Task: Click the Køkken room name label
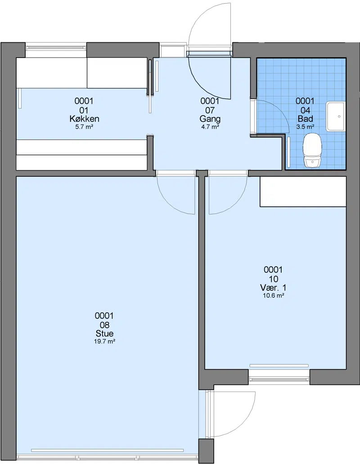pos(85,119)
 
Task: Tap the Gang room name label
pos(210,119)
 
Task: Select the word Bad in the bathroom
pos(305,119)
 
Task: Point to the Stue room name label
pos(104,334)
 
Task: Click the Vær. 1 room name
pos(273,288)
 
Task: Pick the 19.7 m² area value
pos(104,342)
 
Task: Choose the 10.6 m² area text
pos(274,295)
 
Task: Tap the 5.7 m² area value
pos(85,127)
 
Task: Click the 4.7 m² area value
pos(210,127)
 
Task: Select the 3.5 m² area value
pos(305,127)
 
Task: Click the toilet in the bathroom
pos(313,150)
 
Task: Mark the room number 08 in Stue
pos(104,325)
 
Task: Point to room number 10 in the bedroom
pos(274,279)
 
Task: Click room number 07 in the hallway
pos(210,110)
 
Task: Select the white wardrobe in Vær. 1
pos(303,192)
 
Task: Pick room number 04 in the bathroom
pos(305,110)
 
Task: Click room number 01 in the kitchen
pos(84,110)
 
